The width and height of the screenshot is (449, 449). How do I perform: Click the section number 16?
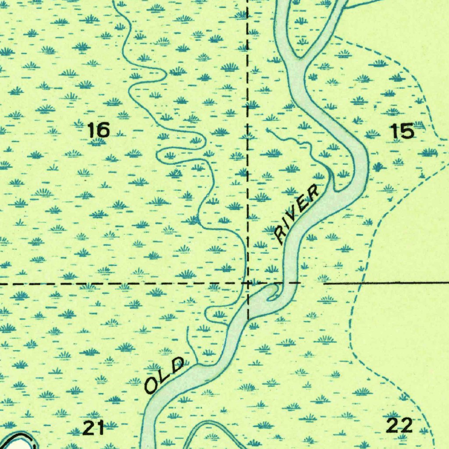point(98,130)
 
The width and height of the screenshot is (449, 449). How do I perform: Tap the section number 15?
point(402,131)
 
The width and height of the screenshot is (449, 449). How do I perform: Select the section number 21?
point(94,428)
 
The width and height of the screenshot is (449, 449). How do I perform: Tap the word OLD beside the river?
point(164,375)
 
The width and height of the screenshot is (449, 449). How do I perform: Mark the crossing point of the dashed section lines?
point(248,283)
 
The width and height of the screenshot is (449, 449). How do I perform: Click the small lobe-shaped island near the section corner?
point(273,293)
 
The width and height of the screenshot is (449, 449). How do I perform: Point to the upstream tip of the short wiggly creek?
point(267,130)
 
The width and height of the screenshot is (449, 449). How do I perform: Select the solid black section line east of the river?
point(386,283)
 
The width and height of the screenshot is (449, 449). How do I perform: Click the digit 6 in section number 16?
point(103,130)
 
